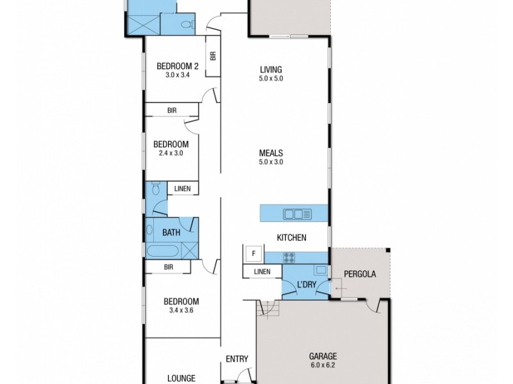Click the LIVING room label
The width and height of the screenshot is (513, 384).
tap(271, 70)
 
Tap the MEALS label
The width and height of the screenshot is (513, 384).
tap(271, 153)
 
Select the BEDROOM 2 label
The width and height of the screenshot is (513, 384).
tap(176, 65)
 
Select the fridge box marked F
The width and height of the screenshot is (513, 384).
tap(253, 254)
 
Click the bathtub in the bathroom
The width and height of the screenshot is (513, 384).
tap(163, 250)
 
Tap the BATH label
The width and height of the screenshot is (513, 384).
tap(171, 232)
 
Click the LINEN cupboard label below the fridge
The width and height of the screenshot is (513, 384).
tap(262, 272)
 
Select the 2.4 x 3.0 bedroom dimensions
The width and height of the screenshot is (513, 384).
tap(171, 153)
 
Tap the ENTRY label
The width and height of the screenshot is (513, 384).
tap(237, 359)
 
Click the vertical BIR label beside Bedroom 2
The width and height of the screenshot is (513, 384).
tap(212, 55)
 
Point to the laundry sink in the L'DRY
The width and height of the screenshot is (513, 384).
tap(320, 270)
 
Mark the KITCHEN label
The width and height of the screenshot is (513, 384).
tap(292, 237)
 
